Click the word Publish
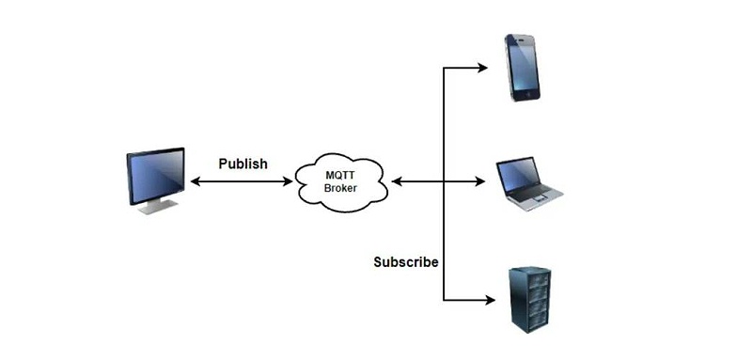[x=243, y=164]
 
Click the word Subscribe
[x=405, y=262]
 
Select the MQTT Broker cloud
[x=340, y=180]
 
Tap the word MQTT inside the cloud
[x=340, y=174]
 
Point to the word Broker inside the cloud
[x=340, y=188]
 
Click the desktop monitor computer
[x=155, y=180]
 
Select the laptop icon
[x=528, y=182]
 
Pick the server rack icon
[x=528, y=298]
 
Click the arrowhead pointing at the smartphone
[x=482, y=68]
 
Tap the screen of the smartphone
[x=522, y=66]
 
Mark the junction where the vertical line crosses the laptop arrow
[x=443, y=180]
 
